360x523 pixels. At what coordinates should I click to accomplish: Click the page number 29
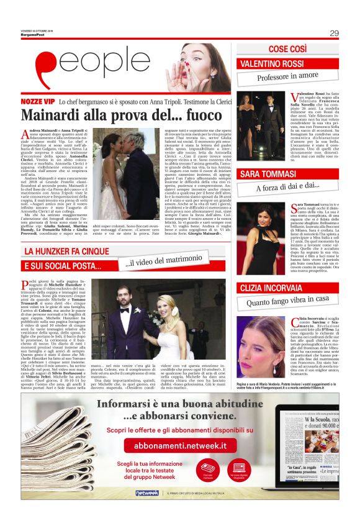coord(334,33)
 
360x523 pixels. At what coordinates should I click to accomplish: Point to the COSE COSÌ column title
coord(289,49)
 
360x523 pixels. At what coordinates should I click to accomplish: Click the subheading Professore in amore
coord(287,77)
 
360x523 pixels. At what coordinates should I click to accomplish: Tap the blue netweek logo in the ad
coord(146,493)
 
